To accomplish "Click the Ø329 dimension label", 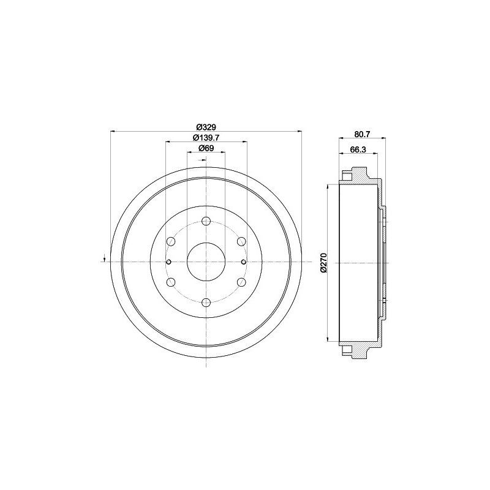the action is click(206, 127).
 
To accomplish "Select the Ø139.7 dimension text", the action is click(206, 137).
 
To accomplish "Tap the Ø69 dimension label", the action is click(206, 148).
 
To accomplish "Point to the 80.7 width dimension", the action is click(362, 134).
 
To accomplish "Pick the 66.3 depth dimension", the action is click(358, 149).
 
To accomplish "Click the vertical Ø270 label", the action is click(323, 262).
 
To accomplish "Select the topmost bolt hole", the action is click(206, 222).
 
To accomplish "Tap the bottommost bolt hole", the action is click(206, 302).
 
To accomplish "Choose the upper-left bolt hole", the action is click(171, 241).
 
